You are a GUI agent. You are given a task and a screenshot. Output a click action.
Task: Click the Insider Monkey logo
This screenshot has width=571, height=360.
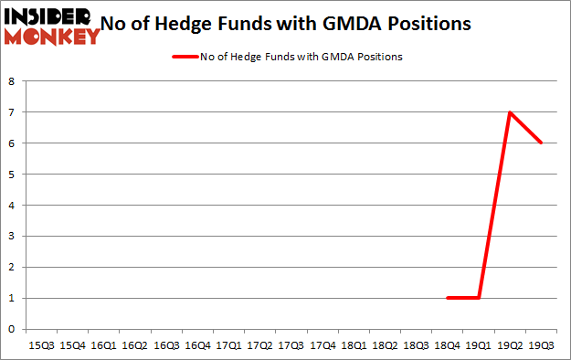[52, 26]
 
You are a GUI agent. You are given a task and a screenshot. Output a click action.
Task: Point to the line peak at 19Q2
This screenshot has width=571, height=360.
[509, 112]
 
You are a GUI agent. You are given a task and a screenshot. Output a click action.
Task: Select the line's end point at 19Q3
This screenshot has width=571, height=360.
[540, 143]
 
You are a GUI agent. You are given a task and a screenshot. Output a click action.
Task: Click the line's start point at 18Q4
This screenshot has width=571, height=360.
[447, 298]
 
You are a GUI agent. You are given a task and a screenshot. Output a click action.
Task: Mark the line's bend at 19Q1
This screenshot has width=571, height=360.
[478, 298]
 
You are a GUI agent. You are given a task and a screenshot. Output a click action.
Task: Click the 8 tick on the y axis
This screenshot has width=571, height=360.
[12, 81]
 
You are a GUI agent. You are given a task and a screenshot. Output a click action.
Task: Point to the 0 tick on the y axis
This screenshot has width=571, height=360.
[12, 329]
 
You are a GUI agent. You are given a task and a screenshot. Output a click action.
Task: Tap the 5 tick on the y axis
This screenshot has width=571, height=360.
[12, 175]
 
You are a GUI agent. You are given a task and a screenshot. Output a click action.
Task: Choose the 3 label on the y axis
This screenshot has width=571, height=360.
[12, 236]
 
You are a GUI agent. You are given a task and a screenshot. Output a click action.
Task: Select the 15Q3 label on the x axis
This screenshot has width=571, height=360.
[42, 346]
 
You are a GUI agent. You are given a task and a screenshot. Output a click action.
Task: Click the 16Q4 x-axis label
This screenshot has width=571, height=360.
[196, 346]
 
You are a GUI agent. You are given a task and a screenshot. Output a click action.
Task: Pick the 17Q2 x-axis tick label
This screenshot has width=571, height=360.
[259, 346]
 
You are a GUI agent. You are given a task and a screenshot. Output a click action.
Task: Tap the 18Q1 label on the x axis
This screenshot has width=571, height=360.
[352, 346]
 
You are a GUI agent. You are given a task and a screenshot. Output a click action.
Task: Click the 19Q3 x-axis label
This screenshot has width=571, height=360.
[541, 346]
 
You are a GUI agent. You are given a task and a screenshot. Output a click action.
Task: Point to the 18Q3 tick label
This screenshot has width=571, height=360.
[414, 346]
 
